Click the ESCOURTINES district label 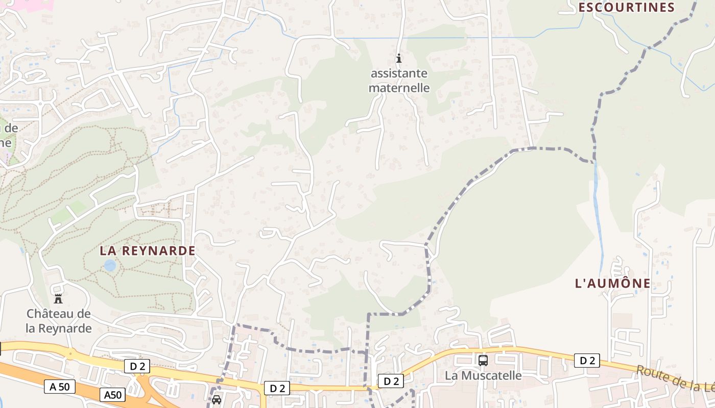click(627, 7)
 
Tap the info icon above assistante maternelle click(399, 58)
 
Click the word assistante click(399, 73)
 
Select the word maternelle click(399, 88)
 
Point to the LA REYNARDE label click(148, 251)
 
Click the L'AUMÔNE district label click(613, 284)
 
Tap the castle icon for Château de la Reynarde click(58, 298)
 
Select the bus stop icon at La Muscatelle click(483, 361)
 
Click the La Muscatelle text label click(483, 376)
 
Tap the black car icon click(217, 400)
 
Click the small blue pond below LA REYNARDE click(110, 265)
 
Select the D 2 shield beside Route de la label click(587, 361)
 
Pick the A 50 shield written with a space click(60, 387)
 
